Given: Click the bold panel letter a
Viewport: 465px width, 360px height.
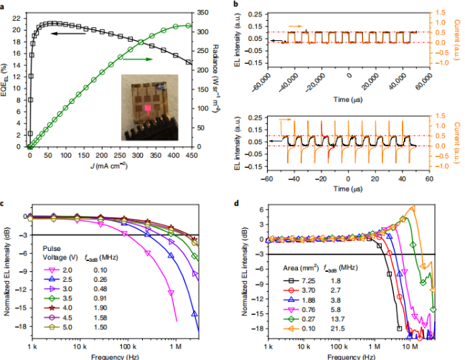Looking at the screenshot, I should [5, 4].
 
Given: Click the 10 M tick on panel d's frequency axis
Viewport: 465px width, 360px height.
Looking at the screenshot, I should [411, 346].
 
